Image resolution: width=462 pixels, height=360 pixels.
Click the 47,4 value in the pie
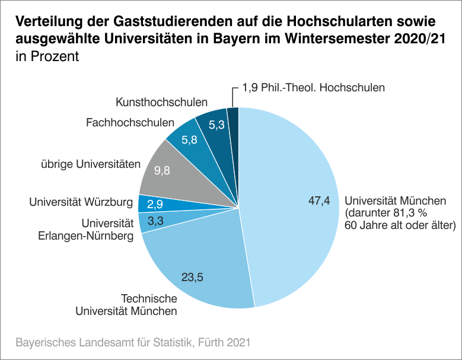(x=318, y=202)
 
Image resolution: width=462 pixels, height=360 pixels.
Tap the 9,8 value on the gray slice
(x=162, y=171)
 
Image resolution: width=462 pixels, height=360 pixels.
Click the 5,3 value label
(x=216, y=125)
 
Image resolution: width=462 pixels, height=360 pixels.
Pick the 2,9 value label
(x=156, y=203)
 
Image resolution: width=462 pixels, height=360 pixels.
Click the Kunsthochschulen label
(x=161, y=103)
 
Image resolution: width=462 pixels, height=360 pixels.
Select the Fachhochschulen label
(x=130, y=123)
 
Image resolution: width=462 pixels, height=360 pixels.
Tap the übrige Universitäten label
(x=90, y=163)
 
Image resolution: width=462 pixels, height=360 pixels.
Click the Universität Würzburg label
(x=81, y=203)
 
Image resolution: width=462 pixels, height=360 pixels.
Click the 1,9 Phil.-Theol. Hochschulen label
(x=314, y=87)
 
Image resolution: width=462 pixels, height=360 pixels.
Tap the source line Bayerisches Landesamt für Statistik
(x=132, y=343)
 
